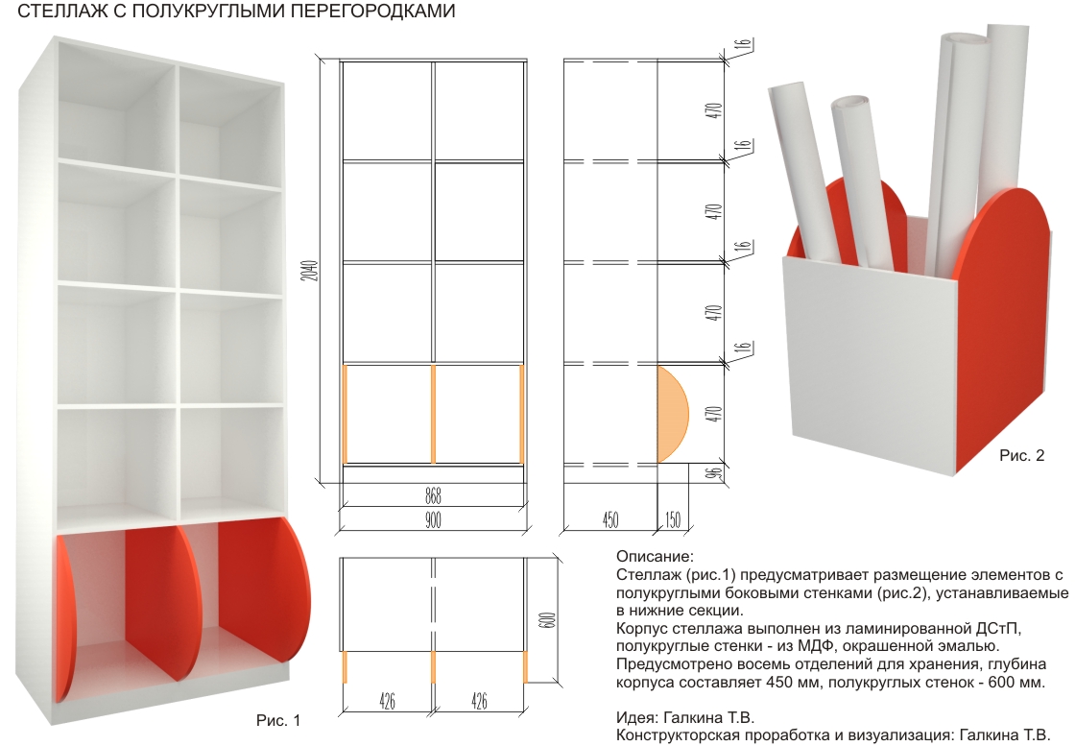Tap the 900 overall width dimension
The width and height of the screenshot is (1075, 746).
tap(432, 519)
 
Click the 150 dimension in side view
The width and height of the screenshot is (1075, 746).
tap(671, 519)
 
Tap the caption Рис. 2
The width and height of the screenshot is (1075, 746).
tap(1021, 455)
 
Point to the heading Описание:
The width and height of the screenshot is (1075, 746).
tap(653, 557)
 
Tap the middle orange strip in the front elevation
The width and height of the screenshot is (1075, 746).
tap(434, 413)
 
